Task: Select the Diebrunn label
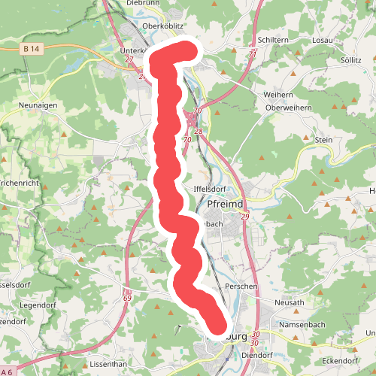(x=144, y=3)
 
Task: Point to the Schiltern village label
(x=273, y=40)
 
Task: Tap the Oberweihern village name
(x=289, y=108)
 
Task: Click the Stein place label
(x=324, y=139)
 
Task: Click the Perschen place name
(x=241, y=287)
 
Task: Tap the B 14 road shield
(x=31, y=49)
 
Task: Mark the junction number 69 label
(x=126, y=299)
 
